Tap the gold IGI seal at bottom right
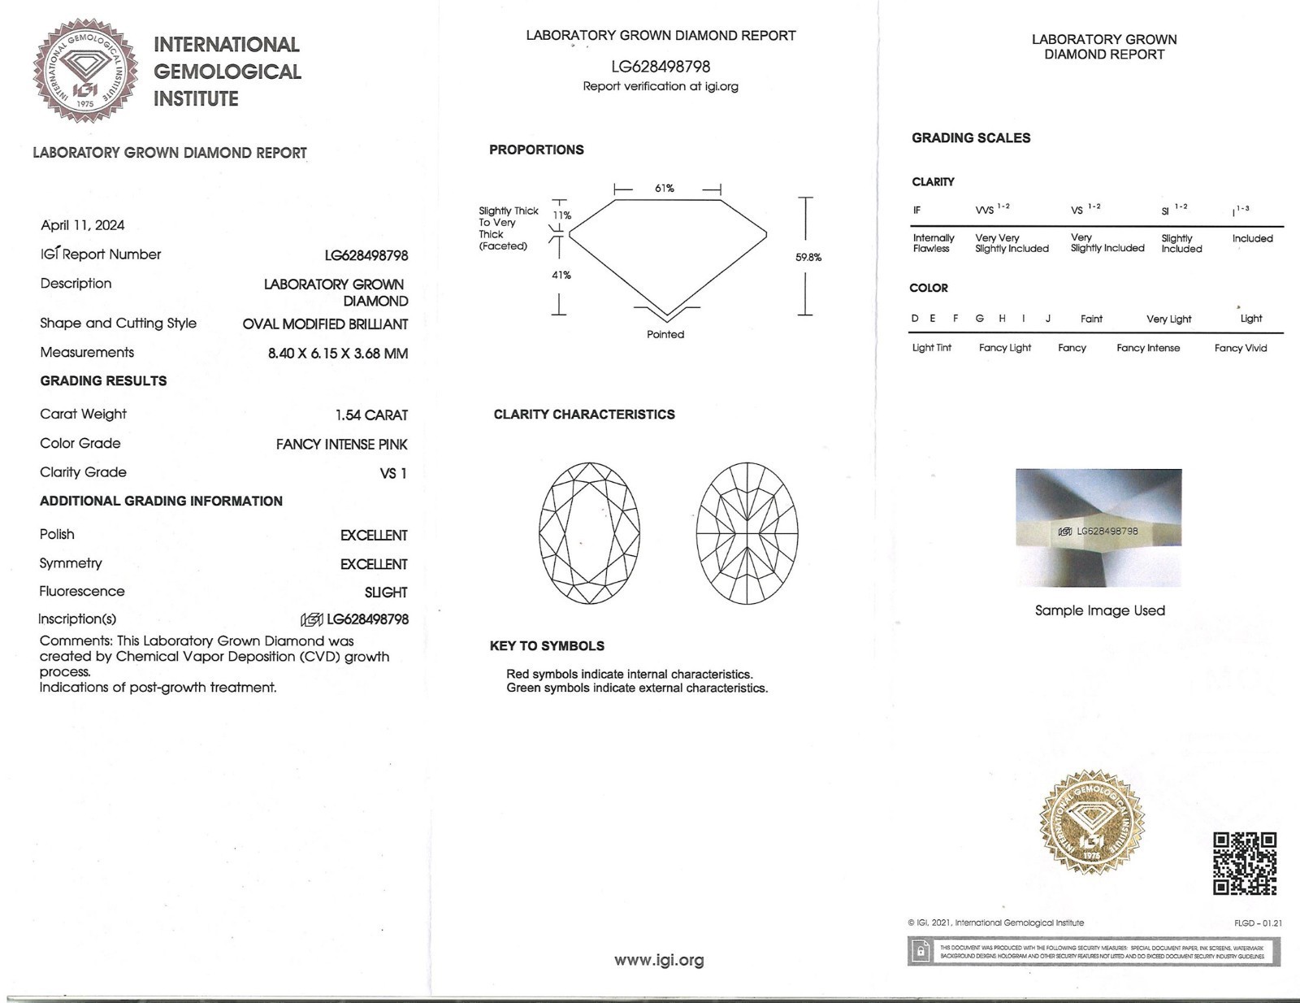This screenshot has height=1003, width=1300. [x=1092, y=823]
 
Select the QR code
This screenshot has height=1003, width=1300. [x=1244, y=863]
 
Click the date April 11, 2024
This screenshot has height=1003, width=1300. [x=82, y=225]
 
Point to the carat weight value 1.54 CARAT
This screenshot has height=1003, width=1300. [x=371, y=415]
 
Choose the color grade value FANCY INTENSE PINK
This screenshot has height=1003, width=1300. [x=341, y=444]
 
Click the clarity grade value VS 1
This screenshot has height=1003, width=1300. [x=393, y=473]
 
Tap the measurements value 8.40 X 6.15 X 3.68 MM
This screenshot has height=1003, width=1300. [x=338, y=353]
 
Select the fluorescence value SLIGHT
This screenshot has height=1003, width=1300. [x=386, y=593]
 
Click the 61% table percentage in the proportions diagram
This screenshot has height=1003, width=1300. [x=665, y=189]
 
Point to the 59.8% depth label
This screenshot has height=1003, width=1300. [x=808, y=258]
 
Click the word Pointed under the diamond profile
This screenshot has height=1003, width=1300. [x=665, y=334]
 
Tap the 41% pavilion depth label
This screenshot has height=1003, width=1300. [x=561, y=275]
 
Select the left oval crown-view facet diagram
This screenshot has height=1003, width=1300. [x=589, y=533]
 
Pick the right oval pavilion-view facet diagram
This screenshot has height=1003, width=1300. [x=747, y=533]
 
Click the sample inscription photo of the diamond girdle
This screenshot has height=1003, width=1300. [x=1098, y=528]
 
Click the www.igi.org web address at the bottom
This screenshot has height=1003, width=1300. [x=659, y=960]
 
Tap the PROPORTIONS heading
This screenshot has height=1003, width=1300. [x=536, y=150]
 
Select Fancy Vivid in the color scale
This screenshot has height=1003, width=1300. [x=1240, y=348]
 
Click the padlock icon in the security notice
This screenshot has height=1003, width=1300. [x=921, y=951]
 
